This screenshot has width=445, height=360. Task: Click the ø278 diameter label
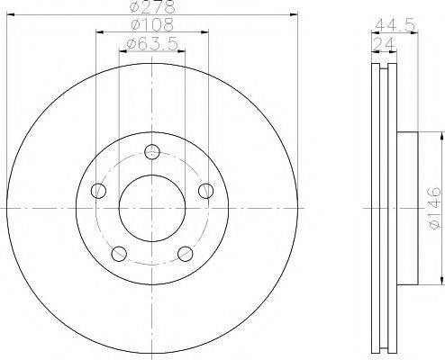coord(152,7)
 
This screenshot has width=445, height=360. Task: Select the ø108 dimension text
coord(152,24)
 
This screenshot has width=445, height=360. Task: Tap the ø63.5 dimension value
coord(152,44)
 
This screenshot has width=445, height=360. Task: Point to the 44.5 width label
coord(395,25)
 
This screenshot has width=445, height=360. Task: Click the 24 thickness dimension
coord(384,45)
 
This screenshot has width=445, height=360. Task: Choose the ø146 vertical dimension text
coord(434,208)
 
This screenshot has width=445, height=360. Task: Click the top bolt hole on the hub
coord(152,152)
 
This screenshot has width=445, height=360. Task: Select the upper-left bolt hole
coord(98,191)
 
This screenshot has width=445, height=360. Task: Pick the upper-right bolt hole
coord(206,191)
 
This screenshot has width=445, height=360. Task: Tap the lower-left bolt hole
coord(119,254)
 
